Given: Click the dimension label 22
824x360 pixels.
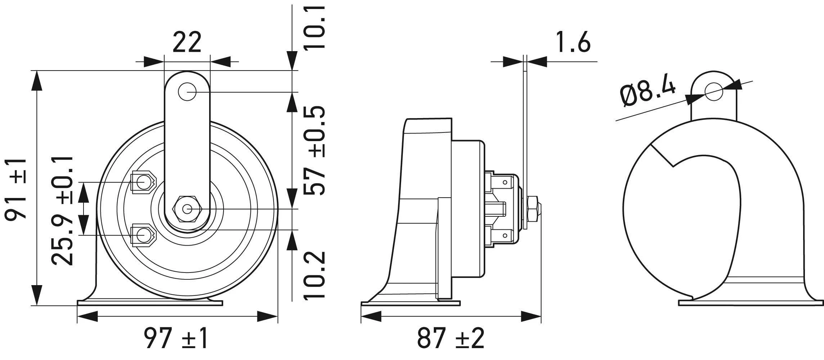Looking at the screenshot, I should coord(187,42).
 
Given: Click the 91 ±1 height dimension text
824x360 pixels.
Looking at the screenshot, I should coord(16,188).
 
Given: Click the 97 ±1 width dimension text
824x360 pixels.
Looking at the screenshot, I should coord(176,338).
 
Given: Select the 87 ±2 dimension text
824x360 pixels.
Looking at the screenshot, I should coord(451,338).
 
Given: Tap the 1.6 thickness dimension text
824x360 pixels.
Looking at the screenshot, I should coord(573,42).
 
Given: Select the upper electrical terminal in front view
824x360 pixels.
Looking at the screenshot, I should coord(143,182).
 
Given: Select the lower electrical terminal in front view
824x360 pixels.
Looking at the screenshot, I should coord(143,235).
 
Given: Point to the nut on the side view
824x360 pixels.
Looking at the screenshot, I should coord(533,209).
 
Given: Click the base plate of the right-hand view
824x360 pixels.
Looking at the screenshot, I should coord(751,303).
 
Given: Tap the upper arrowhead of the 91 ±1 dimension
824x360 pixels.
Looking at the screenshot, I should coord(36,81).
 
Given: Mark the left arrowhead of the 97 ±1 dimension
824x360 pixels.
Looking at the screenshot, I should coord(87,317).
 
